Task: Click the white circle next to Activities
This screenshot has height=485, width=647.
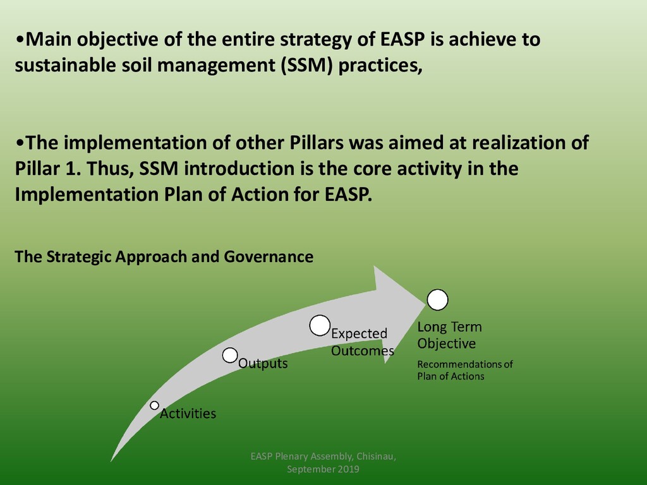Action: coord(154,405)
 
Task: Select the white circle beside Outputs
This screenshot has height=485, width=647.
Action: coord(230,355)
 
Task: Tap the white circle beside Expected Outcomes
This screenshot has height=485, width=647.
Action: coord(320,325)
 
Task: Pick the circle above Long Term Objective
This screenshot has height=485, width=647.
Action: coord(437,300)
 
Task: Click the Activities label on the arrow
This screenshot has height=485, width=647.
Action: coord(188,413)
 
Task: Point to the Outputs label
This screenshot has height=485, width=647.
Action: coord(263,363)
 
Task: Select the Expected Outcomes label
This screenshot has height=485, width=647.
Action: coord(362,342)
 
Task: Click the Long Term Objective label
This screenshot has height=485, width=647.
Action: coord(449,335)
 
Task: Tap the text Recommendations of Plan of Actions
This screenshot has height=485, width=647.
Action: coord(464,370)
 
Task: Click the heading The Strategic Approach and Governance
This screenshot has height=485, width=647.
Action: coord(164,256)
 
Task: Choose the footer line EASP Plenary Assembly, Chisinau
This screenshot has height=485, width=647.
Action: coord(323,456)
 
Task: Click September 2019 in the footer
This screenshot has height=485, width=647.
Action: coord(323,469)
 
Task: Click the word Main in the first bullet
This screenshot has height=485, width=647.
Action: coord(48,39)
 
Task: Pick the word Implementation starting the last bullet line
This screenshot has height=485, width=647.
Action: coord(86,195)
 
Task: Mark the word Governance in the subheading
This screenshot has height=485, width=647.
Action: coord(269,256)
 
